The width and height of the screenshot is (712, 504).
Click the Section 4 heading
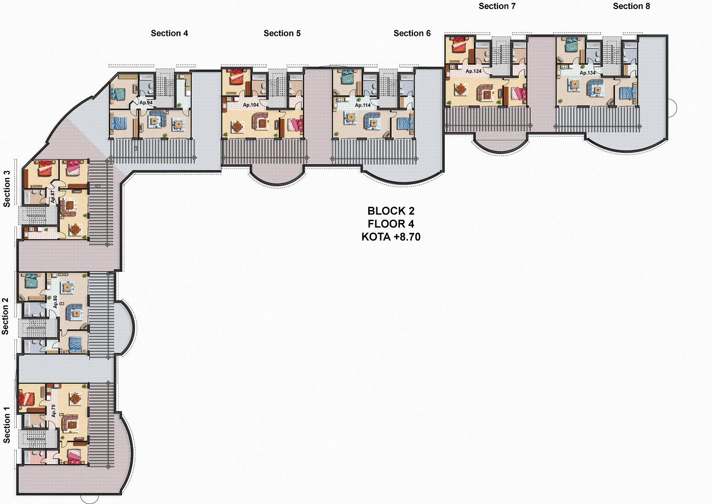click(169, 33)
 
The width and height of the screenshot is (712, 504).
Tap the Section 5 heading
click(282, 33)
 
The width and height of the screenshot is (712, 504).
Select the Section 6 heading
click(412, 33)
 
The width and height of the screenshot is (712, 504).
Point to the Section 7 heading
click(497, 6)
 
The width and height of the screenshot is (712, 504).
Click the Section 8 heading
click(631, 6)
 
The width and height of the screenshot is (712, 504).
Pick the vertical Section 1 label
click(7, 425)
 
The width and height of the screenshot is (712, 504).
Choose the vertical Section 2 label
click(5, 316)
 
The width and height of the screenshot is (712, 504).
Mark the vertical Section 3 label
click(7, 189)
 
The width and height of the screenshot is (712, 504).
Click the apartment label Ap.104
click(251, 105)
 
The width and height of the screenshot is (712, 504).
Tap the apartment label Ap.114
click(362, 105)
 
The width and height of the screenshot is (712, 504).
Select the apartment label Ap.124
click(473, 71)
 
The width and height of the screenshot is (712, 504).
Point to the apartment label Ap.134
click(587, 73)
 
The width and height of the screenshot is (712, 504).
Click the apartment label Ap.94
click(146, 103)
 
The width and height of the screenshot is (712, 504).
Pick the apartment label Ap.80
click(55, 302)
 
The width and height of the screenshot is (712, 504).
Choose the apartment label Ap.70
click(54, 411)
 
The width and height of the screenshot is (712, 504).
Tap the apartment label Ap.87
click(53, 197)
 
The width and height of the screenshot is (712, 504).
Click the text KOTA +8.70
click(391, 237)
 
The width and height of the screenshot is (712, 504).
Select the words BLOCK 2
click(391, 211)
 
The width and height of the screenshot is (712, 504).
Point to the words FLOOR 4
click(391, 224)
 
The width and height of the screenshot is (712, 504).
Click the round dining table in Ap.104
click(237, 126)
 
